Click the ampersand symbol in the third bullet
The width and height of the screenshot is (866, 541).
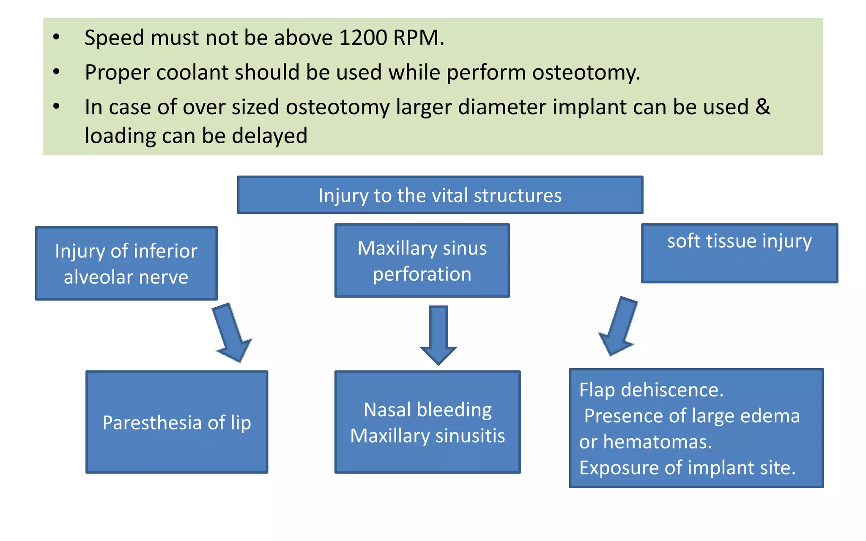(x=763, y=107)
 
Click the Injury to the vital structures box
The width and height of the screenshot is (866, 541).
(x=440, y=195)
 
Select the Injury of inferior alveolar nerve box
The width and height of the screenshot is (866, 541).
(x=126, y=264)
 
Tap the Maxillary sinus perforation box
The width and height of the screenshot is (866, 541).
(x=422, y=261)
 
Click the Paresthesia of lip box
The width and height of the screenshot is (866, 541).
(x=177, y=422)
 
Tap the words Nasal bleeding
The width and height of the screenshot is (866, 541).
(x=428, y=410)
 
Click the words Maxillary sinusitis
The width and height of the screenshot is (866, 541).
(x=428, y=436)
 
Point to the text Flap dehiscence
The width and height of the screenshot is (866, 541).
(x=651, y=390)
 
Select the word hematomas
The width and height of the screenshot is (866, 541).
(x=657, y=442)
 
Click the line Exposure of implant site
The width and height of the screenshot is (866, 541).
(x=687, y=468)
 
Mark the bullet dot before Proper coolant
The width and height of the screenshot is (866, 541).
(x=57, y=72)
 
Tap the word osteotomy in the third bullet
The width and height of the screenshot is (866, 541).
(x=337, y=107)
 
